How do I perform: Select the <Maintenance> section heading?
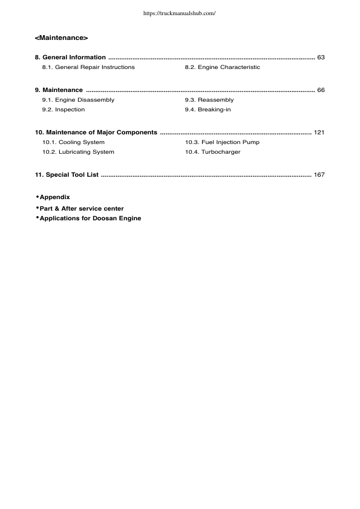click(62, 39)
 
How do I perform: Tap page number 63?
click(321, 57)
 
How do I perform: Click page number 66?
click(321, 90)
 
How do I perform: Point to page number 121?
click(319, 132)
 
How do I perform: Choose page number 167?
click(319, 175)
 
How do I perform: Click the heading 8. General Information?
click(70, 57)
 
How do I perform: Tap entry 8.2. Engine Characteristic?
click(222, 67)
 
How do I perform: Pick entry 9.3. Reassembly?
click(209, 100)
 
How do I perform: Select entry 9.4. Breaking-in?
click(208, 110)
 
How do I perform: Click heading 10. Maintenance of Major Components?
click(96, 132)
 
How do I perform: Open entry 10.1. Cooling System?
click(73, 142)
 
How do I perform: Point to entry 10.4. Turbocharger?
click(212, 152)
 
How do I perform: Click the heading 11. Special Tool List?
click(67, 175)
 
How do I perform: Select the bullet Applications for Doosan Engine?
click(90, 218)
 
